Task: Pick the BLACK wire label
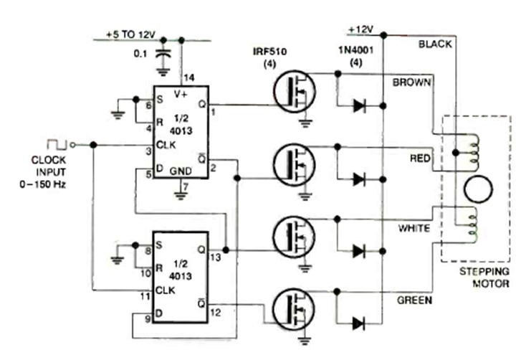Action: pos(434,44)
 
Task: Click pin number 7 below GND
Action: pos(184,188)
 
